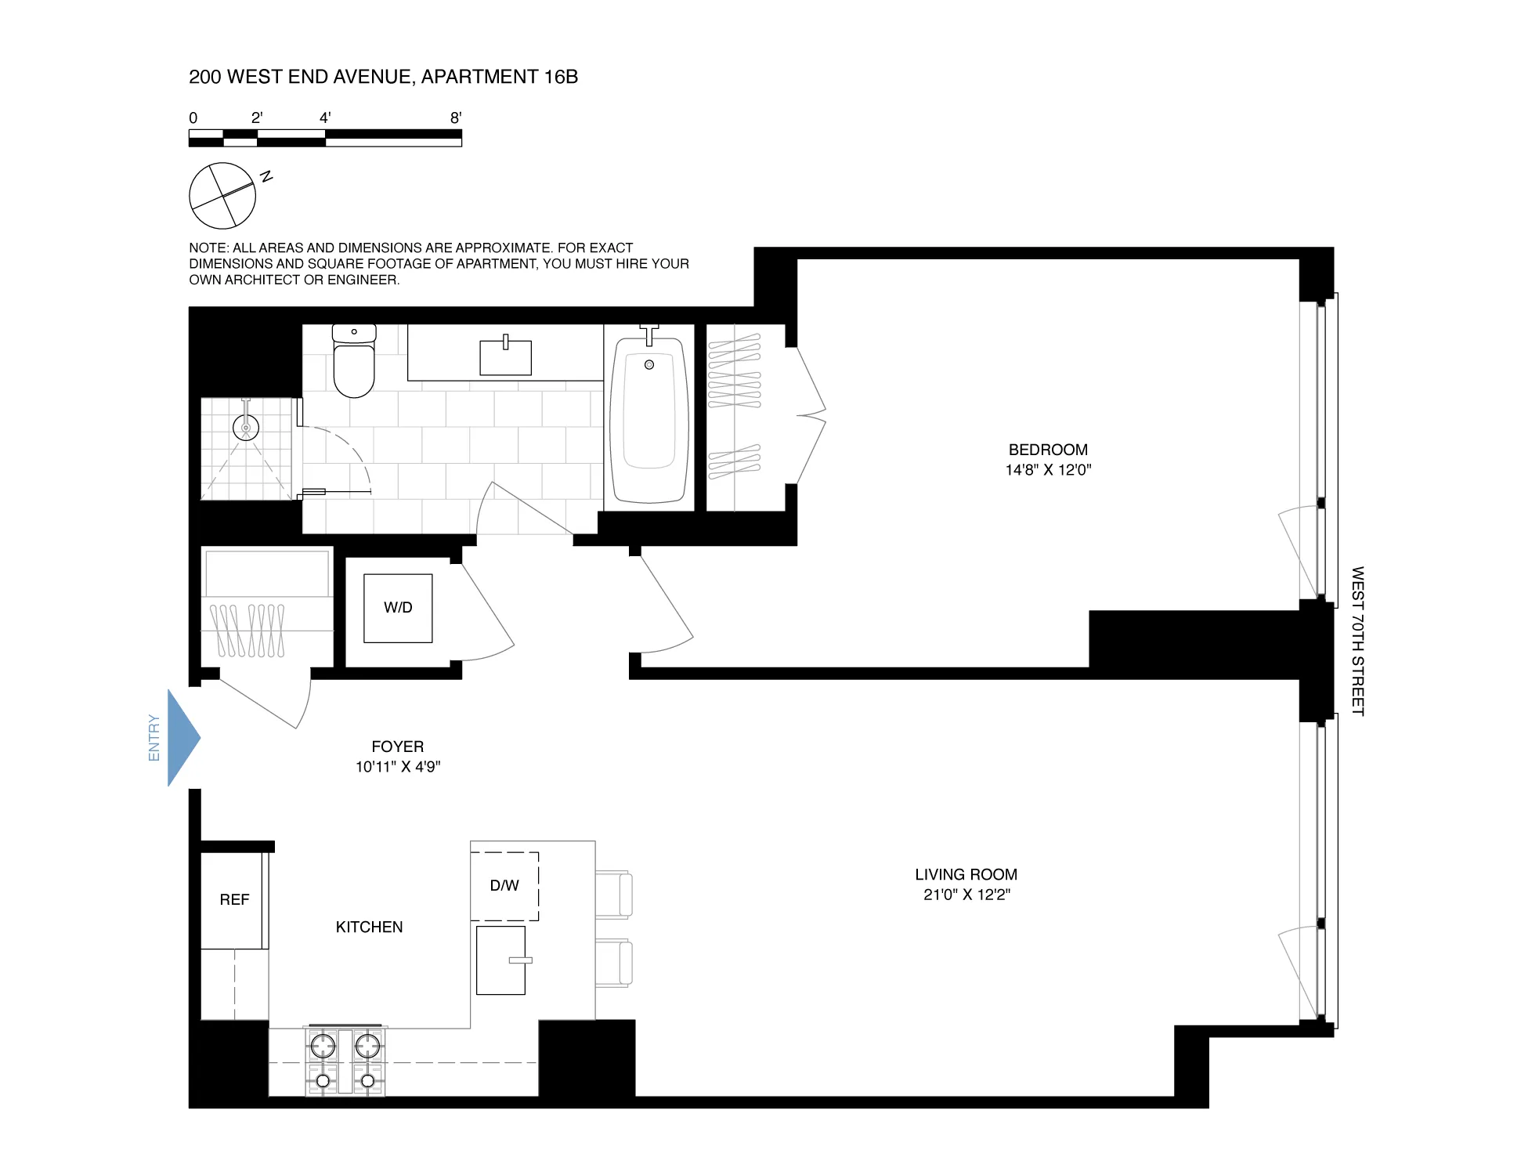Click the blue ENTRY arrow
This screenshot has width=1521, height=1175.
[182, 737]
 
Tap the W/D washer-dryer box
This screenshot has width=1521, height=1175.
[398, 608]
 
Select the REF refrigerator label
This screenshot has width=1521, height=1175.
[234, 900]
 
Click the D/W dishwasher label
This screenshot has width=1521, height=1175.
[504, 886]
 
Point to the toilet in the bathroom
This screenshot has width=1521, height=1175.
[353, 364]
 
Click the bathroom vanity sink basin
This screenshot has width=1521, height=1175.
[505, 358]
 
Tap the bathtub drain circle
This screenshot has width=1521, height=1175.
[649, 365]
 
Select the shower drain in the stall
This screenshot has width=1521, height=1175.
[246, 428]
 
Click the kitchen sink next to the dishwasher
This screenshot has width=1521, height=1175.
[501, 960]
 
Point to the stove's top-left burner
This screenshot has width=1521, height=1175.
[323, 1046]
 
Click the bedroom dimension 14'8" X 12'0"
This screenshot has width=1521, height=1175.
[1048, 470]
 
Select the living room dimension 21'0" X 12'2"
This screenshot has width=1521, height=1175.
[966, 895]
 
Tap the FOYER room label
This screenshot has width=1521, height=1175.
[397, 747]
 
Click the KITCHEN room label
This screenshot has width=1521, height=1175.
[369, 927]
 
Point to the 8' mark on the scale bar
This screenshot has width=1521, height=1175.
[456, 118]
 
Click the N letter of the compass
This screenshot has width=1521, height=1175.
[266, 176]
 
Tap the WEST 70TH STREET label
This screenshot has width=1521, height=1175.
[1357, 641]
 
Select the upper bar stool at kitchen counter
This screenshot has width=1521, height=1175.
[615, 894]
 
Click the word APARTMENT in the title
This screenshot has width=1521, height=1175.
[479, 77]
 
